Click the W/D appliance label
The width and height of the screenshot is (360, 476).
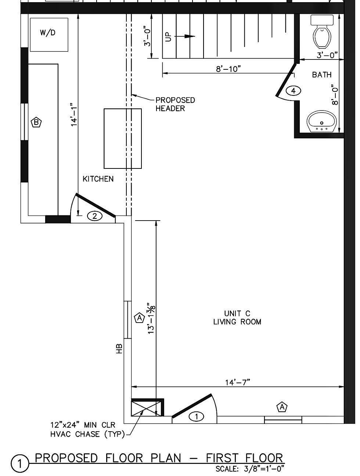pyautogui.click(x=47, y=33)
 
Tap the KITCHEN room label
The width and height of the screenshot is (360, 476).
pyautogui.click(x=98, y=179)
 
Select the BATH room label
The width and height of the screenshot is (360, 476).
pyautogui.click(x=321, y=75)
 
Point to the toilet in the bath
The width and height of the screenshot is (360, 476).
pyautogui.click(x=322, y=31)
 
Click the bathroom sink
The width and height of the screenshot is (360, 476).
pyautogui.click(x=321, y=121)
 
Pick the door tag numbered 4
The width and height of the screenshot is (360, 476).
pyautogui.click(x=293, y=91)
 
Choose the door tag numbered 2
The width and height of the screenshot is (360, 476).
pyautogui.click(x=95, y=216)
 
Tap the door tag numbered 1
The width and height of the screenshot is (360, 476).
pyautogui.click(x=197, y=417)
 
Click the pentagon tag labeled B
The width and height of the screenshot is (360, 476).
pyautogui.click(x=36, y=123)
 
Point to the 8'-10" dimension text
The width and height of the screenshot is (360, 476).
pyautogui.click(x=228, y=69)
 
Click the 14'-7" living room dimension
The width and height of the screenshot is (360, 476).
pyautogui.click(x=238, y=382)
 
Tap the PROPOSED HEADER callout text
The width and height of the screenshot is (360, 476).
pyautogui.click(x=175, y=104)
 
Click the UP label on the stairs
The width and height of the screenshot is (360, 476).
pyautogui.click(x=168, y=37)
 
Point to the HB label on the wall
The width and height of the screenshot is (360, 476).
pyautogui.click(x=119, y=349)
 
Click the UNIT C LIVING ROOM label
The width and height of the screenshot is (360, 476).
pyautogui.click(x=237, y=317)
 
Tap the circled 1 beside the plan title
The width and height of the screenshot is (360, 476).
pyautogui.click(x=20, y=464)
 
